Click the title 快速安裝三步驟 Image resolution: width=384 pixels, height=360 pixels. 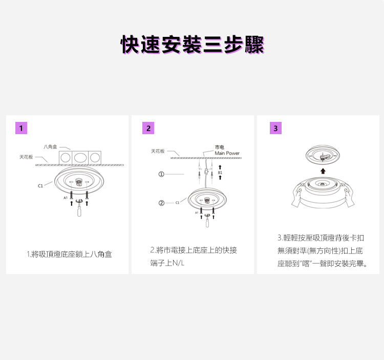point(192,45)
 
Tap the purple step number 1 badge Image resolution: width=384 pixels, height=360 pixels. point(21,128)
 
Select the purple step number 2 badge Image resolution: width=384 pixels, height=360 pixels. point(148,128)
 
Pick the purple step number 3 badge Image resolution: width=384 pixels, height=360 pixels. point(275,128)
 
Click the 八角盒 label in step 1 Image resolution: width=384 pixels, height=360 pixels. point(51,146)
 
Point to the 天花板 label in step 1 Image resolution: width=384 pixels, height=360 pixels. point(26,157)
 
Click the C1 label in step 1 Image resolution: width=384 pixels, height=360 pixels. point(40,186)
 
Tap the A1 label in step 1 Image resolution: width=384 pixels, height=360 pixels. point(66,197)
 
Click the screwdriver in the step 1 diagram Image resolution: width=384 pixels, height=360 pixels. point(79,211)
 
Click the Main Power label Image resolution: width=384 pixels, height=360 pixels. point(227,153)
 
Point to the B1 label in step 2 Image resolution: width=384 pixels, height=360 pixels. point(220,173)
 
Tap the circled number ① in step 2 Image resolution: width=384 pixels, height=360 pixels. point(161,174)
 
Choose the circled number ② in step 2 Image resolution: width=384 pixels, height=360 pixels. point(161,203)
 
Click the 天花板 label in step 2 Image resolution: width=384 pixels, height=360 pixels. point(158,151)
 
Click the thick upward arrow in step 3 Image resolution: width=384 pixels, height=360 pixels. point(323,171)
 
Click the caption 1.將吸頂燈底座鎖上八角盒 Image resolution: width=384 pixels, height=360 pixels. point(69,254)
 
